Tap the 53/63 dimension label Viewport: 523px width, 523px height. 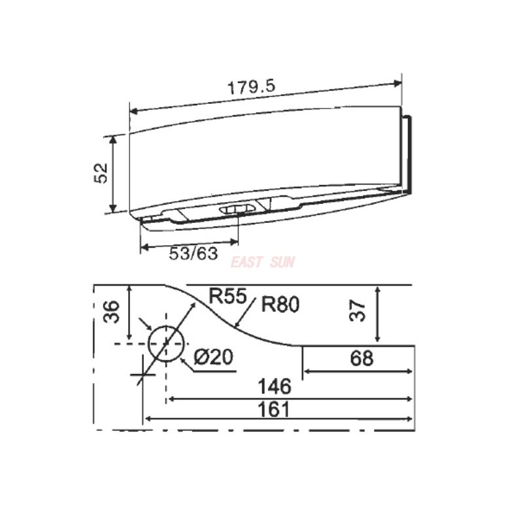(193, 254)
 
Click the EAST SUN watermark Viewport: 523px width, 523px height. (263, 263)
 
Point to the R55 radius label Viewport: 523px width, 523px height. (227, 295)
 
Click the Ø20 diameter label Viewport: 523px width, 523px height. (214, 358)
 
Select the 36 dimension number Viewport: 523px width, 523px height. (112, 312)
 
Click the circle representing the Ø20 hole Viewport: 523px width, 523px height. (166, 344)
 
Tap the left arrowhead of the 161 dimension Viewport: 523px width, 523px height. (147, 418)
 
